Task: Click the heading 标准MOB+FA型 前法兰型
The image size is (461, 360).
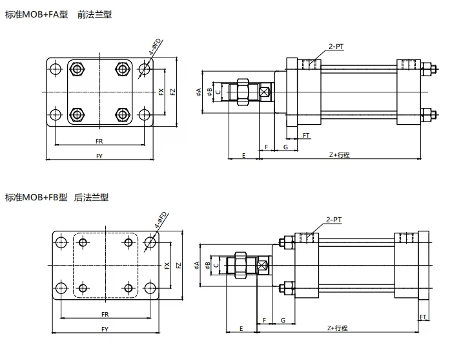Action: click(x=57, y=14)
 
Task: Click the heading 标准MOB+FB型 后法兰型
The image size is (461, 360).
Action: click(x=57, y=197)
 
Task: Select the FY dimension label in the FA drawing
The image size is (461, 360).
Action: click(x=99, y=156)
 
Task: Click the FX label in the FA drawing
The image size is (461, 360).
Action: click(x=161, y=92)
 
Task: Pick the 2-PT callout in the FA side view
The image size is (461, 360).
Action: click(x=336, y=47)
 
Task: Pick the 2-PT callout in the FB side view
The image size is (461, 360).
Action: click(x=334, y=220)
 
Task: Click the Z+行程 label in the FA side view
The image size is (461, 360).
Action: click(x=338, y=155)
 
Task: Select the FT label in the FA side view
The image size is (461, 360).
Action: click(x=306, y=136)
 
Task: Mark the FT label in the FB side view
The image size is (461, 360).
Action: click(x=424, y=317)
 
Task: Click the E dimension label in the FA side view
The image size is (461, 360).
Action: click(x=243, y=155)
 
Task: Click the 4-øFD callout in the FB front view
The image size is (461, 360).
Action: click(x=161, y=220)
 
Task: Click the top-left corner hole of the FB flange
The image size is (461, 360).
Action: click(x=61, y=242)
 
